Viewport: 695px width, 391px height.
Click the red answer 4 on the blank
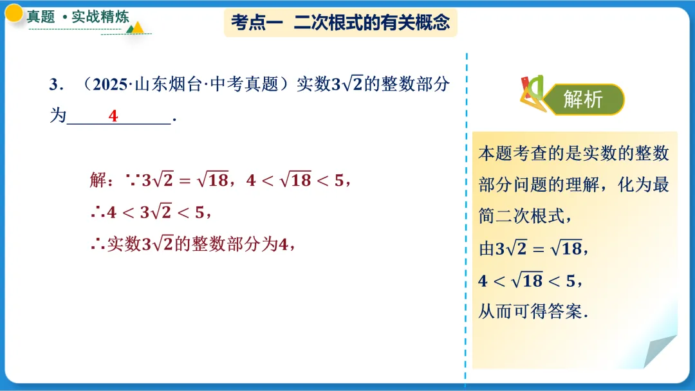coord(113,116)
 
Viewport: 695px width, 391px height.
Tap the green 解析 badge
coord(582,100)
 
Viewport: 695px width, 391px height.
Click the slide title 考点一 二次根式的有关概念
coord(340,24)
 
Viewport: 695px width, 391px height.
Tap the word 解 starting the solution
coord(97,181)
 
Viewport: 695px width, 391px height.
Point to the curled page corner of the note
coord(660,351)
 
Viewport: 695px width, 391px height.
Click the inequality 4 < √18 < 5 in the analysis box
coord(530,281)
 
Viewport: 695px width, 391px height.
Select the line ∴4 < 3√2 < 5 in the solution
coord(151,212)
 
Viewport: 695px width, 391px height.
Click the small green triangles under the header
coord(136,28)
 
